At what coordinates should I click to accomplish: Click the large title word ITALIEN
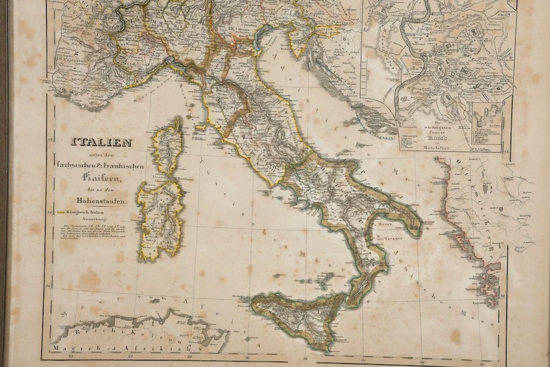pos(101,142)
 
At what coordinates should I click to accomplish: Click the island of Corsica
pos(167,146)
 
